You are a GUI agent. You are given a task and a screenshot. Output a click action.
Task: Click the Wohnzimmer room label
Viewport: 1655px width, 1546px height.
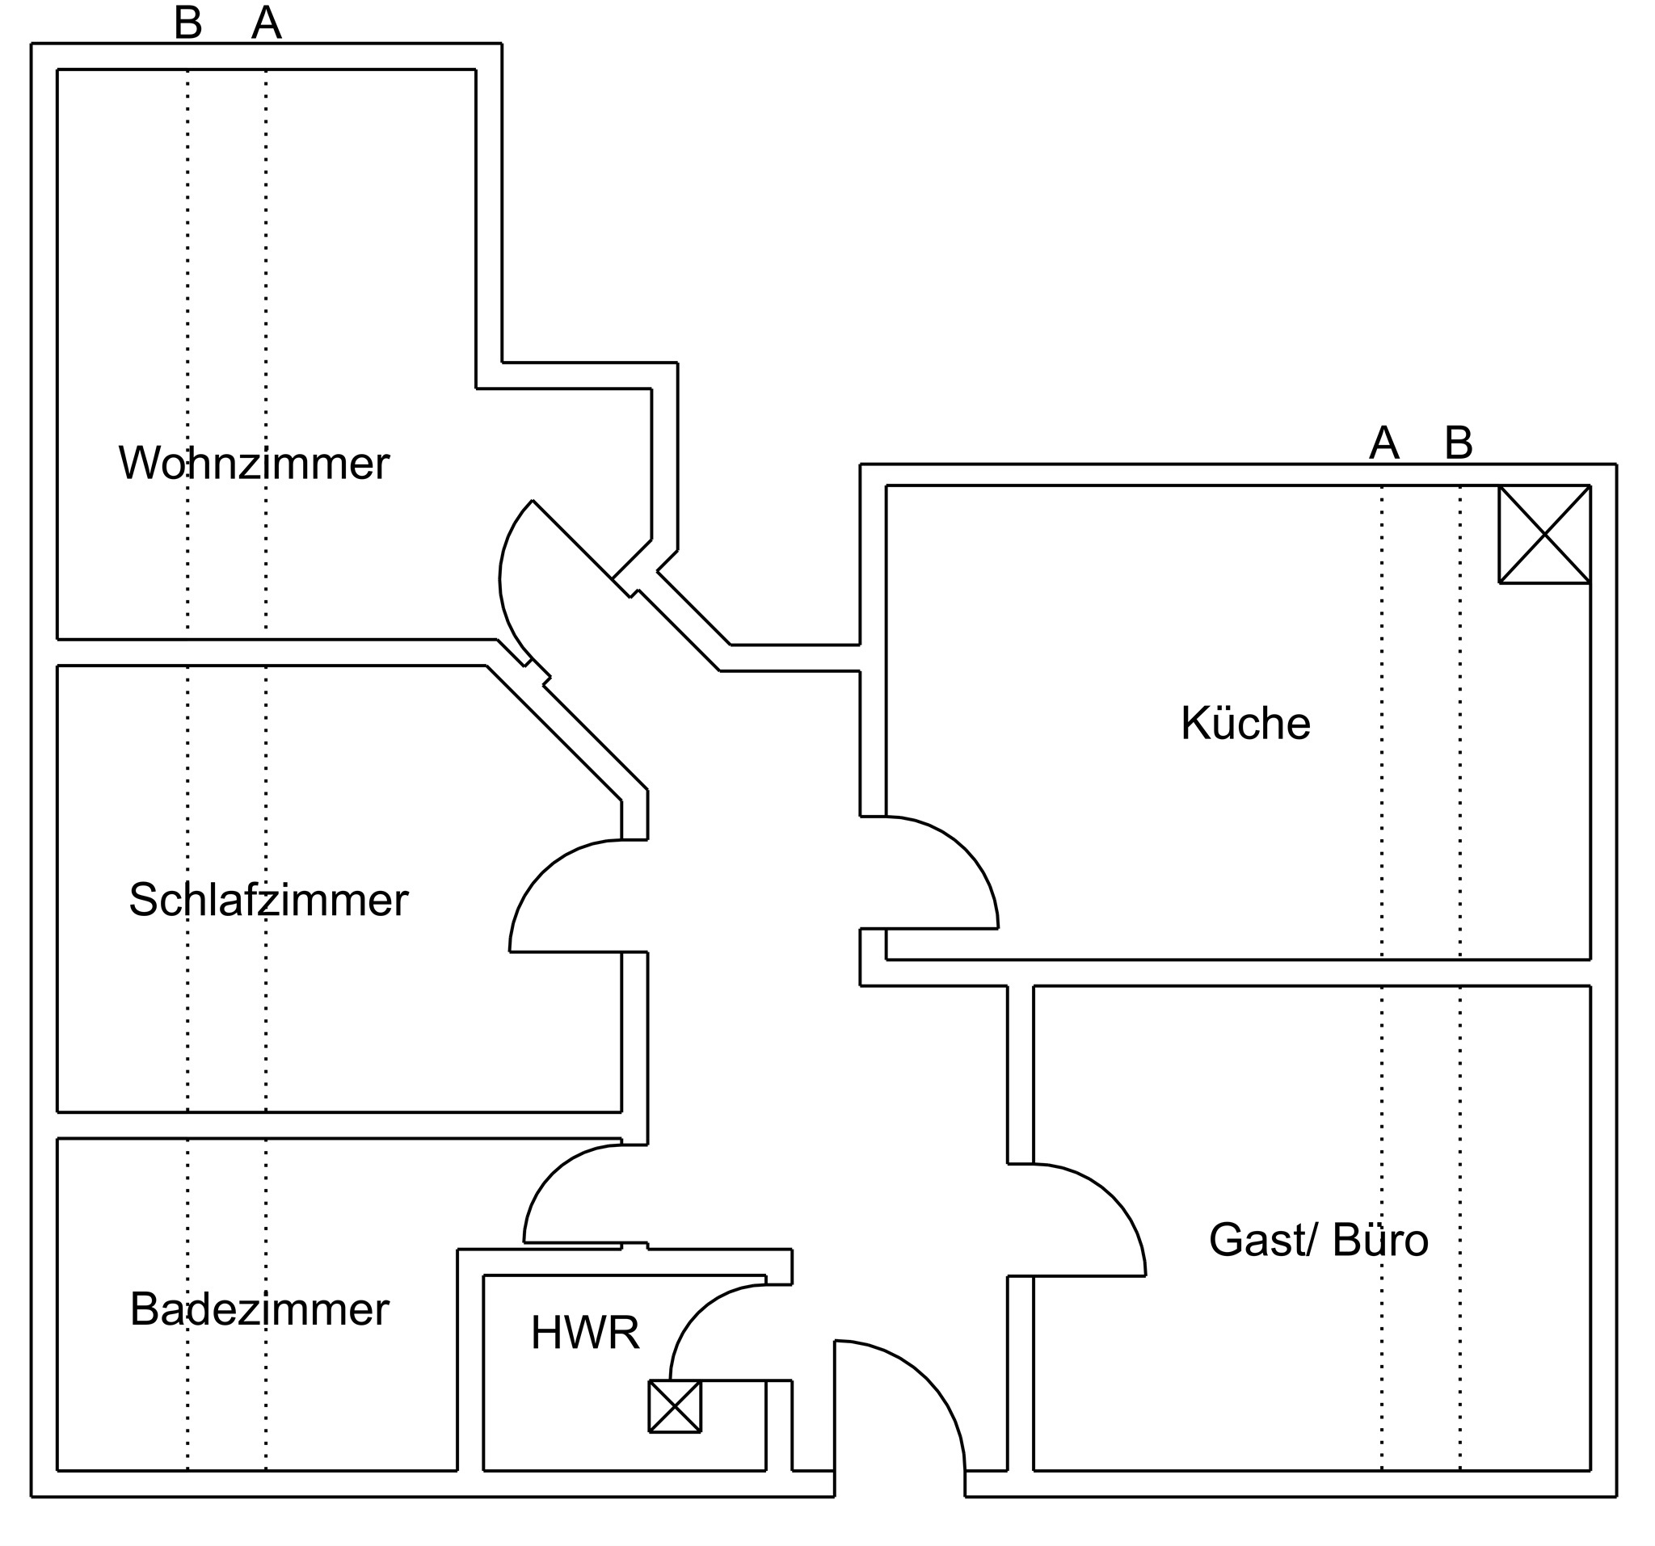tap(253, 464)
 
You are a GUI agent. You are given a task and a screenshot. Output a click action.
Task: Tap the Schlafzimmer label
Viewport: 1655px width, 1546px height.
tap(268, 901)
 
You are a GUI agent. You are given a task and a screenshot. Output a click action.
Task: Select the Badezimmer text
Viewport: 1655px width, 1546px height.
tap(259, 1309)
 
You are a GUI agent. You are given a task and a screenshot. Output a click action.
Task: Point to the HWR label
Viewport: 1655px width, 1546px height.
tap(584, 1333)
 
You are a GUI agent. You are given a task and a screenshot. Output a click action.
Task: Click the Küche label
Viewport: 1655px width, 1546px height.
tap(1244, 723)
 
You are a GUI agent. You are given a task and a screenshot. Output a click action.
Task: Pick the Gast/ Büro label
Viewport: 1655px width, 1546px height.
tap(1318, 1240)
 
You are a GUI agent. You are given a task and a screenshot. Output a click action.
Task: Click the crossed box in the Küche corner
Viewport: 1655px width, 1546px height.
tap(1543, 534)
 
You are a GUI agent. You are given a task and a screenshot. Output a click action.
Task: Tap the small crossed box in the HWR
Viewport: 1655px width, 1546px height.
tap(674, 1407)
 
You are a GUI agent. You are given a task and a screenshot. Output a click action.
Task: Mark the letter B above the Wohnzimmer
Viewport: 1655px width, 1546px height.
tap(188, 23)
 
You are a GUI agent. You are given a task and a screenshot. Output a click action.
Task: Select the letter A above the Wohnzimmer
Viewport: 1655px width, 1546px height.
tap(267, 23)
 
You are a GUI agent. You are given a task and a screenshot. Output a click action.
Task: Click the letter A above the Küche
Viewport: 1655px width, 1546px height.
tap(1383, 443)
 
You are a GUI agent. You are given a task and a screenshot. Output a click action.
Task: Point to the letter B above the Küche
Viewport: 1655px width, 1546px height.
tap(1459, 443)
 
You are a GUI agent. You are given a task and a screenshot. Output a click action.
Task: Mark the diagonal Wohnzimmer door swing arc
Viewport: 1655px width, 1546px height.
tap(503, 582)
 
